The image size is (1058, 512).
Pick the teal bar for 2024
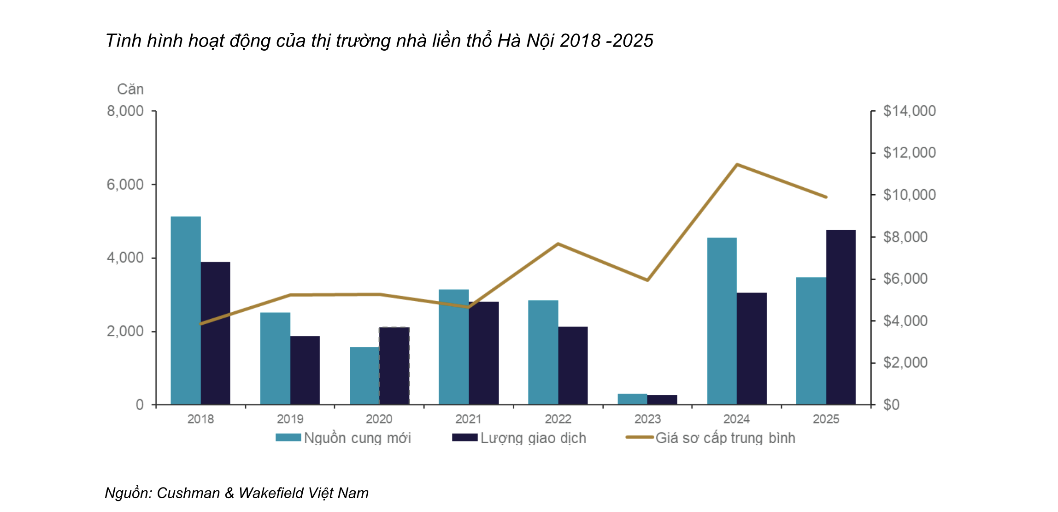tap(722, 321)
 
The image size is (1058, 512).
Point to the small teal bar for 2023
tap(632, 399)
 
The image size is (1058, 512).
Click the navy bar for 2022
tap(573, 365)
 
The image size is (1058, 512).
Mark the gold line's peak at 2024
tap(737, 164)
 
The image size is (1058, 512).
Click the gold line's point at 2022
tap(558, 244)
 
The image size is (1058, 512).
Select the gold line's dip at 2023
tap(647, 280)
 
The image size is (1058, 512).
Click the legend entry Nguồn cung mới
tap(343, 438)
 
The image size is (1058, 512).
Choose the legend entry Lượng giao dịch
tap(519, 438)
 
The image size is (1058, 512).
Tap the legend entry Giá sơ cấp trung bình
tap(711, 438)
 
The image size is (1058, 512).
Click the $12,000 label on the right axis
tap(909, 153)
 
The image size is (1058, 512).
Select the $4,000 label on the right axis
tap(905, 321)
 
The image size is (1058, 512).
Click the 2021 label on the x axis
tap(468, 419)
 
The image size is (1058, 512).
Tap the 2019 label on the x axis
tap(290, 419)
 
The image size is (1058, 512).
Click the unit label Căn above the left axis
tap(130, 89)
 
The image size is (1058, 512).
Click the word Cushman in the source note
tap(188, 493)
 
